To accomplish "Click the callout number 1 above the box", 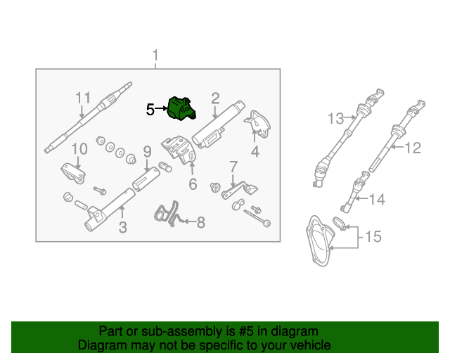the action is (x=156, y=55).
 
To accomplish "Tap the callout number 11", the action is (x=84, y=98).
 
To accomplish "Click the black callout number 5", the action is (x=150, y=110).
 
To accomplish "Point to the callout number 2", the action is (x=215, y=98).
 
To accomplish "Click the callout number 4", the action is (x=255, y=150).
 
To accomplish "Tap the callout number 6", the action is (x=192, y=185).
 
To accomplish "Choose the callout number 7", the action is (x=232, y=167).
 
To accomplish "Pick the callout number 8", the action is (x=200, y=223).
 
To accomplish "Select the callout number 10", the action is (x=79, y=148).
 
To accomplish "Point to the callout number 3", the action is (x=122, y=227).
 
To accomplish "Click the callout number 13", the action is (x=335, y=118).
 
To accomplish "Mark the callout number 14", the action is (x=378, y=200).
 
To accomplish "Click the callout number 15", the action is (x=373, y=237).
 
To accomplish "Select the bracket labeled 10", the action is (x=71, y=173).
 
